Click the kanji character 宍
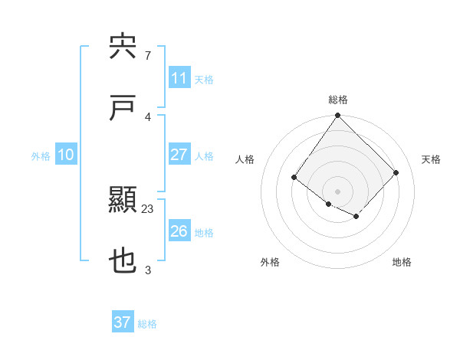click(x=123, y=47)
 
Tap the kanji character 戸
click(x=123, y=108)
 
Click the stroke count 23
click(x=148, y=209)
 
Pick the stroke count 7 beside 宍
click(x=148, y=55)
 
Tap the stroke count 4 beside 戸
click(x=148, y=116)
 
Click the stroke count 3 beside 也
click(x=148, y=270)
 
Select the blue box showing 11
click(x=179, y=78)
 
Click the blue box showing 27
click(x=179, y=155)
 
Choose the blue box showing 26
click(x=179, y=231)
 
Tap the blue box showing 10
click(x=65, y=155)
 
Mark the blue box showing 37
click(x=122, y=322)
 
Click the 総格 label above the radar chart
click(x=337, y=100)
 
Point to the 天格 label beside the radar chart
click(x=431, y=159)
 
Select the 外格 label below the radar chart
click(x=270, y=262)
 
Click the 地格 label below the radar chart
click(x=402, y=262)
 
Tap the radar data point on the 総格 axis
click(x=337, y=116)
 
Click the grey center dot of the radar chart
click(x=337, y=191)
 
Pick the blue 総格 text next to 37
click(x=147, y=324)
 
